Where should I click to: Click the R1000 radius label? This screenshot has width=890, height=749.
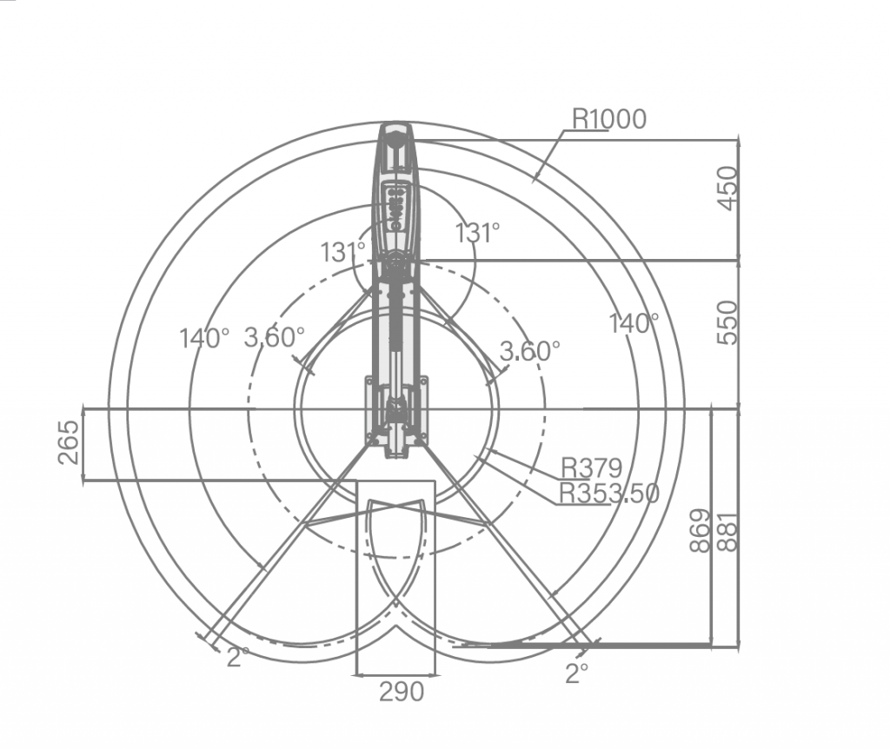[x=609, y=119]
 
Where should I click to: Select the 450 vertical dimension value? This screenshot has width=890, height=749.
[x=727, y=188]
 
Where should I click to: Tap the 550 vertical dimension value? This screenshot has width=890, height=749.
[x=727, y=323]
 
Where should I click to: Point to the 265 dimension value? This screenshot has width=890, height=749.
[x=70, y=442]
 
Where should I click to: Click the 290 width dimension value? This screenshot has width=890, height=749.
[x=402, y=693]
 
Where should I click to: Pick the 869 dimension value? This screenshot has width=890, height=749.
[x=700, y=531]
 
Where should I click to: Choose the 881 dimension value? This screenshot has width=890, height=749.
[x=728, y=532]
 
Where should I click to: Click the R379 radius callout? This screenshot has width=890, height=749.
[x=591, y=468]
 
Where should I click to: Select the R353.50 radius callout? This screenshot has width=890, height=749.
[x=609, y=493]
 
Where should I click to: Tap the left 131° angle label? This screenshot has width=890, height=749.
[x=342, y=252]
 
